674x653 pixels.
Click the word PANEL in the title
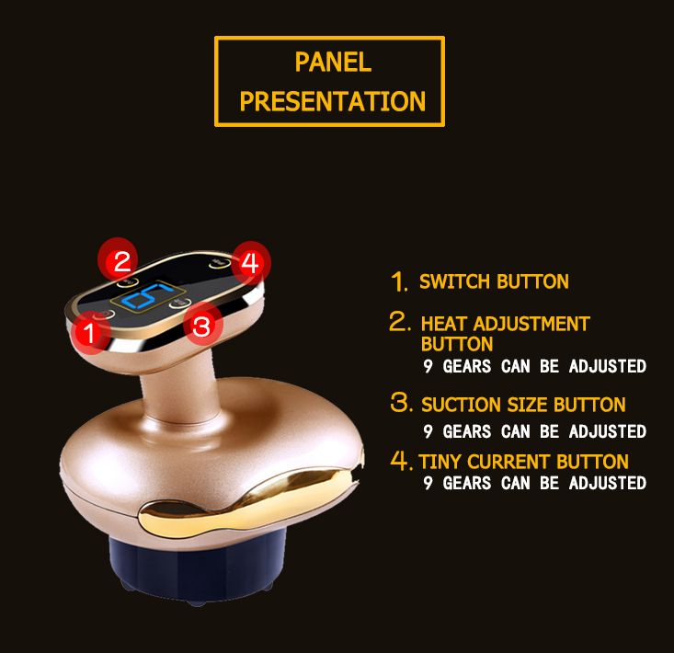(333, 62)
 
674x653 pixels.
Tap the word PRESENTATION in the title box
(333, 101)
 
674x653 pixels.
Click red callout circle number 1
(91, 332)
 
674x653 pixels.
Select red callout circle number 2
(118, 260)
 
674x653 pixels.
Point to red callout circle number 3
(203, 326)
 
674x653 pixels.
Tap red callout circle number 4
(251, 263)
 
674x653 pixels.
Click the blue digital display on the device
(146, 297)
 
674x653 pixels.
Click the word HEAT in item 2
(444, 324)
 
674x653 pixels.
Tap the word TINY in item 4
(440, 462)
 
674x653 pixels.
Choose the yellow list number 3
(402, 402)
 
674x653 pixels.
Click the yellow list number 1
(399, 281)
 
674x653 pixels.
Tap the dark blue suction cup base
(198, 567)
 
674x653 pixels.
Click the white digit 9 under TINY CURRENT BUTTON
(428, 483)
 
